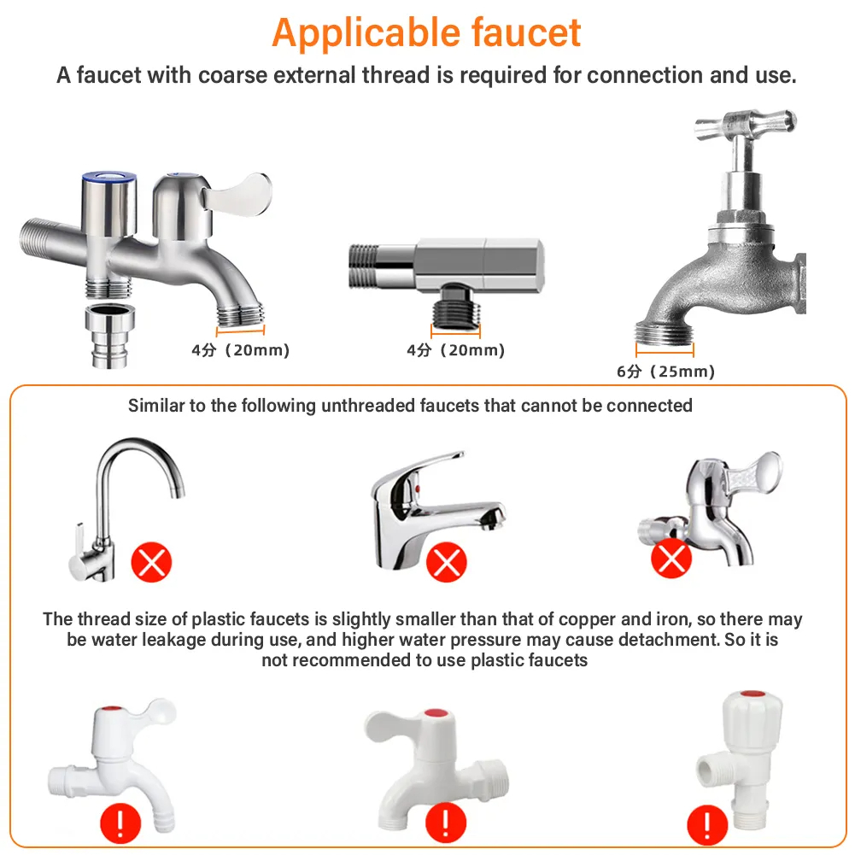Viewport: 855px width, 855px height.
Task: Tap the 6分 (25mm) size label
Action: point(665,372)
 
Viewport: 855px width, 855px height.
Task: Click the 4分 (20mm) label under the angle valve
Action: point(456,350)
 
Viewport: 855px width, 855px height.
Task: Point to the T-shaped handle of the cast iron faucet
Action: point(746,125)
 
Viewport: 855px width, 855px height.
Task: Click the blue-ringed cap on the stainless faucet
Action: point(109,177)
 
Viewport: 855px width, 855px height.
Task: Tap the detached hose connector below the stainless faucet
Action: point(110,336)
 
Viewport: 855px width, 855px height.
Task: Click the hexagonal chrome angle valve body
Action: point(480,265)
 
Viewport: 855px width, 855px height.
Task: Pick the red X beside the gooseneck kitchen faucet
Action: point(151,562)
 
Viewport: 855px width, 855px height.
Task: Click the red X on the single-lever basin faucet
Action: point(447,562)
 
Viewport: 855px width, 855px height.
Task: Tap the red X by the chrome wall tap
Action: point(671,559)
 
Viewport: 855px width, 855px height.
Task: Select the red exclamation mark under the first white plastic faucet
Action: point(120,823)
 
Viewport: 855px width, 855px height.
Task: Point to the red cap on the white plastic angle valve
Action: point(753,694)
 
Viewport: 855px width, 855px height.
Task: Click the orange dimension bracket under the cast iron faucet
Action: point(665,351)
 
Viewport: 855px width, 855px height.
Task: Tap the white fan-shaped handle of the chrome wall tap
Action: point(758,471)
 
